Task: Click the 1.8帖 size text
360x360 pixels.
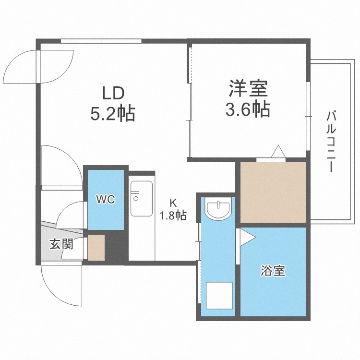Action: coord(173,216)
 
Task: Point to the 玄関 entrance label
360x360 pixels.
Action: coord(61,244)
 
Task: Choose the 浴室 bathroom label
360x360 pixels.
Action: coord(273,271)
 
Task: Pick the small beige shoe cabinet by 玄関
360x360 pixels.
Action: coord(96,247)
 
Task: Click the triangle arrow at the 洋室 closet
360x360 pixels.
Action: coord(278,152)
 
